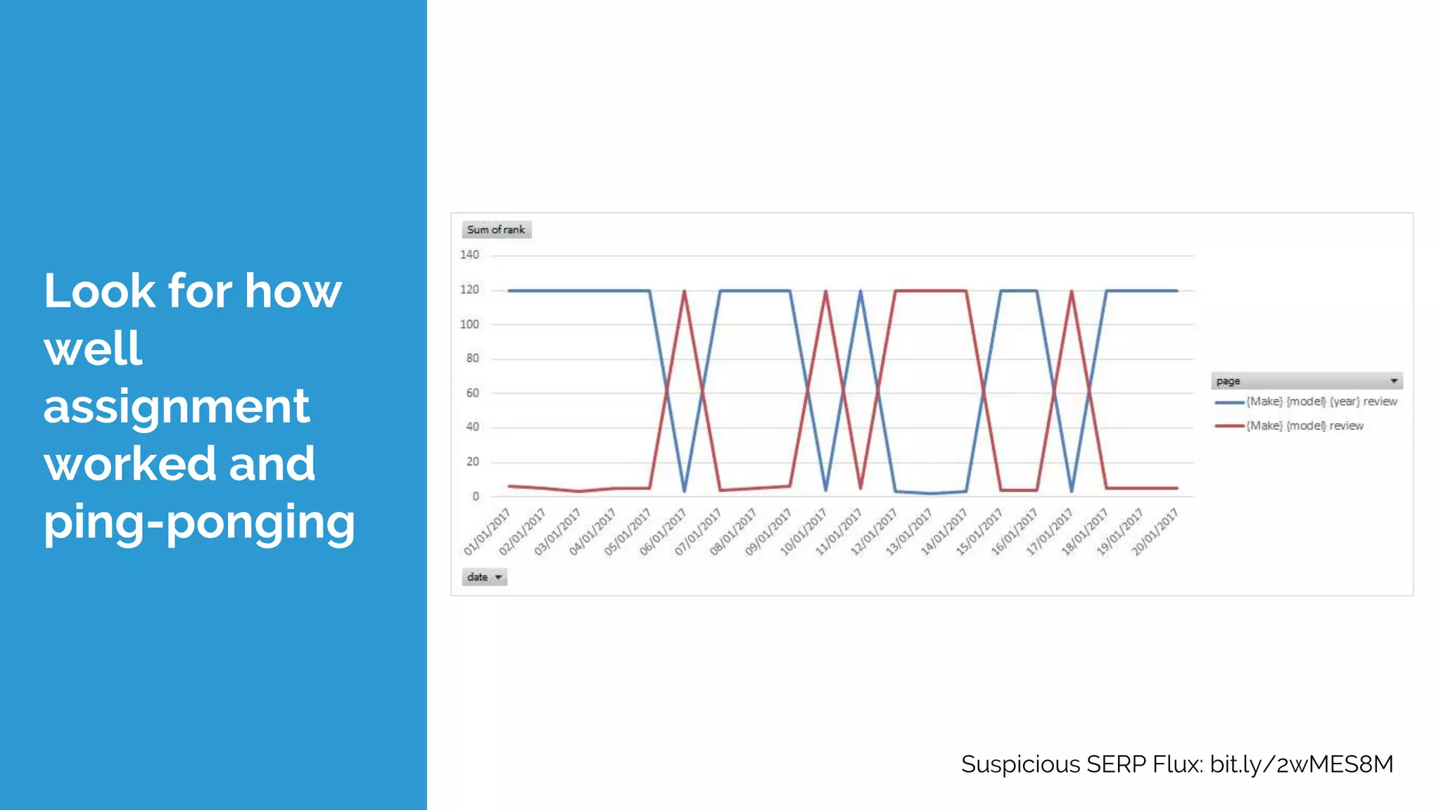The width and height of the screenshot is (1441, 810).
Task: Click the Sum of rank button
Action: tap(496, 230)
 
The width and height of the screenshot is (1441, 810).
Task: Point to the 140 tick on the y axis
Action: tap(469, 255)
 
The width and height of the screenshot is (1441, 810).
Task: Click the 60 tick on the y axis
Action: tap(472, 393)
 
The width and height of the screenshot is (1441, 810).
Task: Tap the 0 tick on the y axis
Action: tap(476, 496)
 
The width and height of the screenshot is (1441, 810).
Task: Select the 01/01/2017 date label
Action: tap(487, 532)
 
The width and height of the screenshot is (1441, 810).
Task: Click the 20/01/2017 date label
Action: tap(1155, 532)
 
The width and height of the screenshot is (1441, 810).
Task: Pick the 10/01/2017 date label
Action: tap(804, 532)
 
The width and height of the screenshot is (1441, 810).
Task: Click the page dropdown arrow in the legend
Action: tap(1393, 381)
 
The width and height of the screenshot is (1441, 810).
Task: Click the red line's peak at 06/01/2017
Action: tap(684, 291)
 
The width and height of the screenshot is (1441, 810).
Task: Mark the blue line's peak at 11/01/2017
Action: tap(861, 291)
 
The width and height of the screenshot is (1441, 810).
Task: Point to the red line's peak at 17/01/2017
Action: tap(1072, 291)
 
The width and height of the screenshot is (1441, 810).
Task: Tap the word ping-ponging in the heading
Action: tap(199, 522)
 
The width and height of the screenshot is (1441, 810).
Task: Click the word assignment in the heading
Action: tap(176, 406)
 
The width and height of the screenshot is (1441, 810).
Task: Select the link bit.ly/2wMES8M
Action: tap(1301, 764)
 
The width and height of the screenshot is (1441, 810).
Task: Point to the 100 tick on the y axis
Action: tap(469, 324)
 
